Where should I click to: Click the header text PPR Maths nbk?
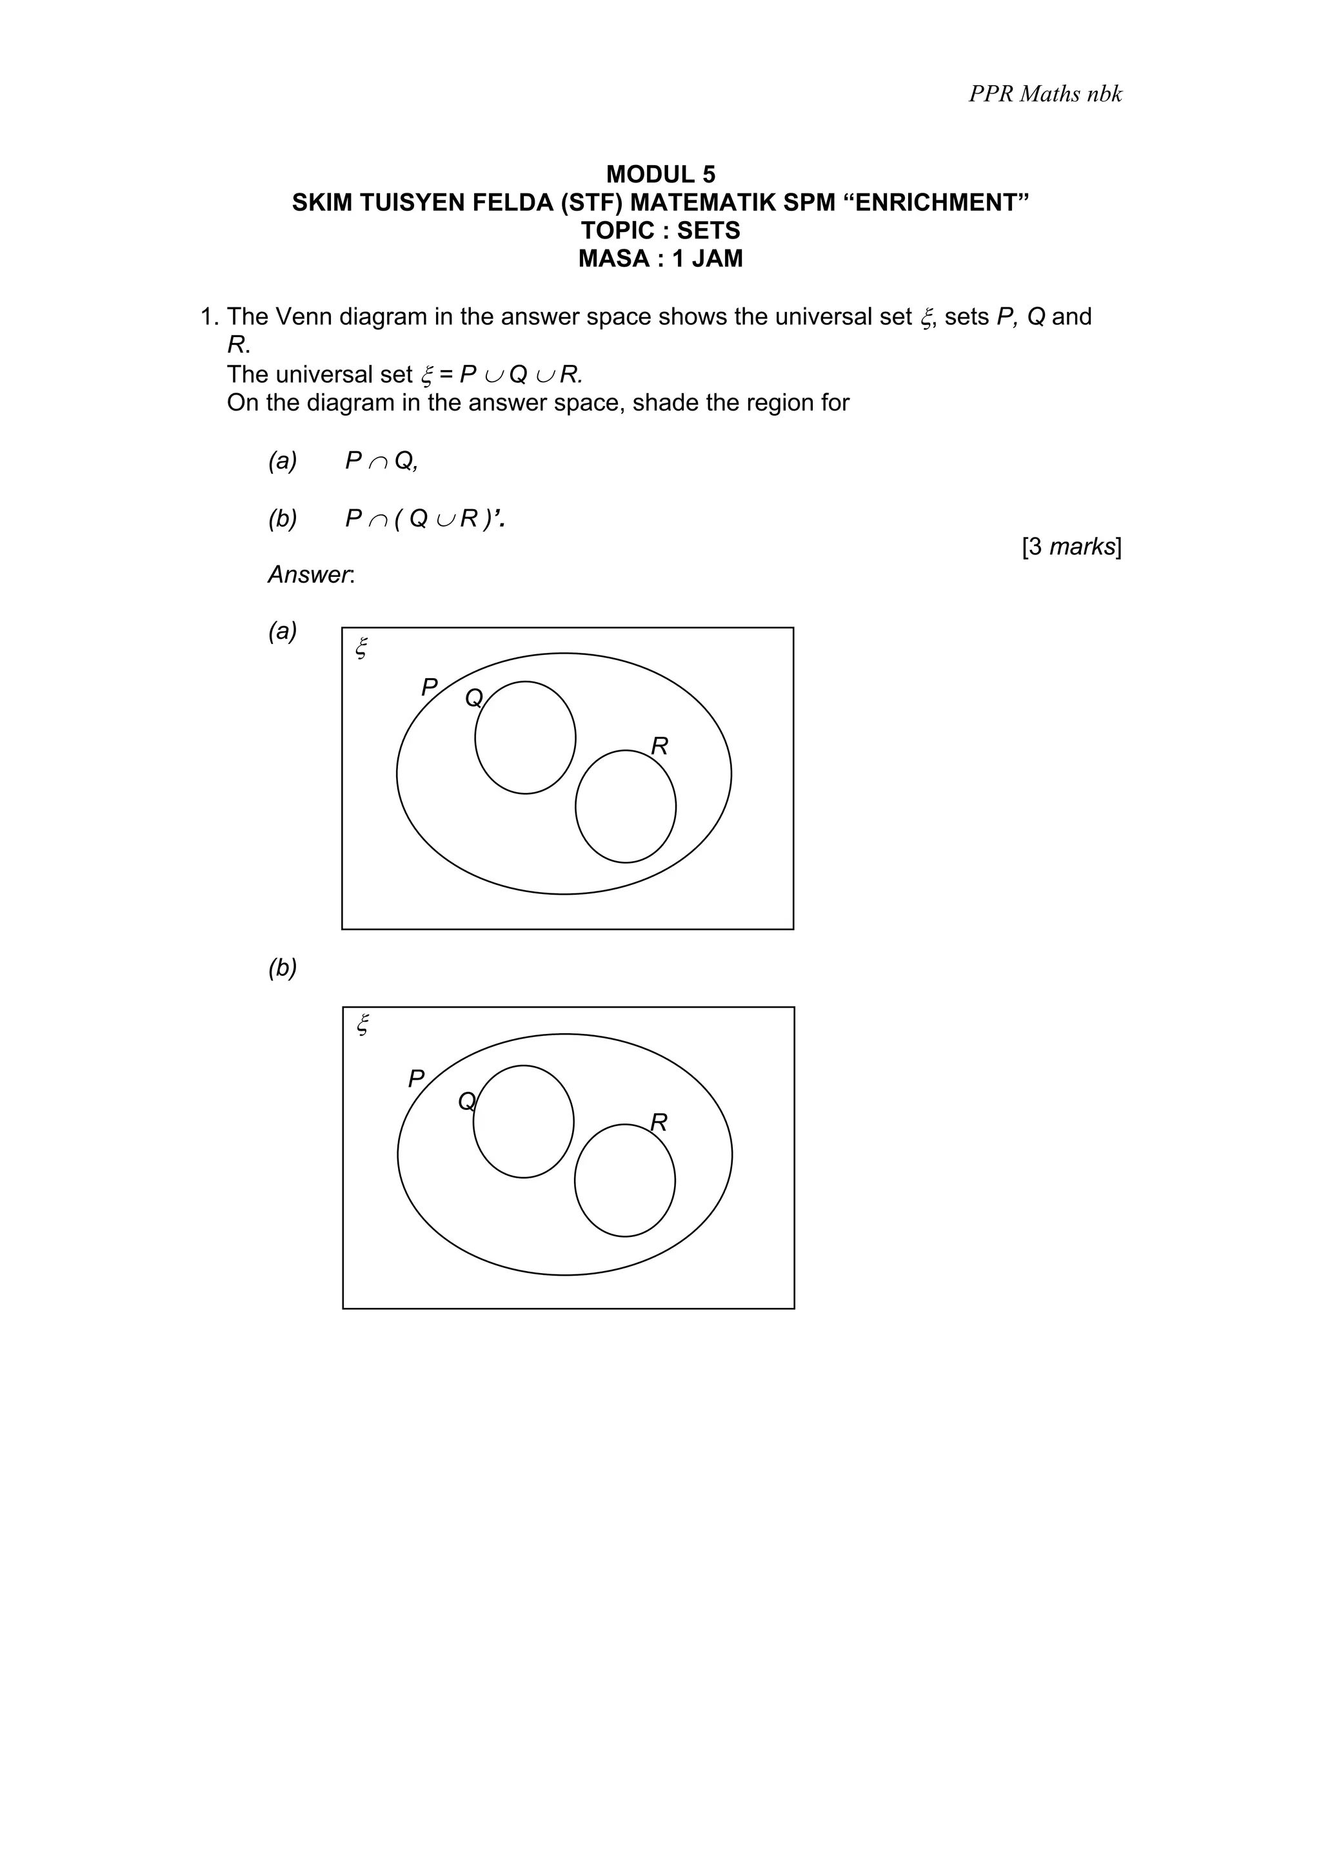pos(1044,94)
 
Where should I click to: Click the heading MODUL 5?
pos(660,174)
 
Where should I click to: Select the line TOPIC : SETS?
pos(660,230)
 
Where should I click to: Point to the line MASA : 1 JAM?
pos(660,258)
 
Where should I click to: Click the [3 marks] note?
pos(1071,547)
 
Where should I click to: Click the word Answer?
pos(310,575)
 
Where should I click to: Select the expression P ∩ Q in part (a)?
pos(381,462)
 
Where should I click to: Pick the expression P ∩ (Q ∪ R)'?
pos(424,518)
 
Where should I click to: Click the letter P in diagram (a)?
pos(429,688)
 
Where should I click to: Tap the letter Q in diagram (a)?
pos(473,697)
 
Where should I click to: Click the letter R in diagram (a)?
pos(659,746)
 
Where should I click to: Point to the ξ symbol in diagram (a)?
pos(363,648)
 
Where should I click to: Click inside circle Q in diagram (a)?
pos(525,738)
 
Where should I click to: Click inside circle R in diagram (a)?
pos(625,806)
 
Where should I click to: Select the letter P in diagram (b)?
pos(416,1079)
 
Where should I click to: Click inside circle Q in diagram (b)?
pos(523,1121)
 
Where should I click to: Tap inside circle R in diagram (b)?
pos(624,1180)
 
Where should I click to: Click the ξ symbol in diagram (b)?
pos(363,1024)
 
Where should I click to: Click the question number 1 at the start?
pos(207,316)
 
